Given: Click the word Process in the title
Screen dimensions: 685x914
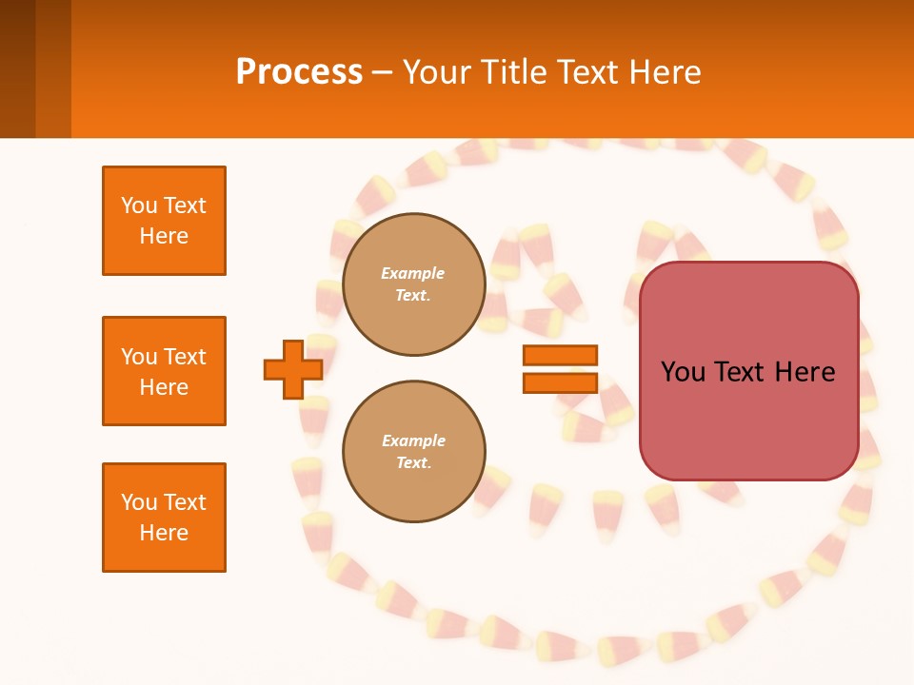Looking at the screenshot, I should [x=299, y=72].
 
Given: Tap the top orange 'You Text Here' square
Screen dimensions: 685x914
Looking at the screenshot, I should [x=164, y=221].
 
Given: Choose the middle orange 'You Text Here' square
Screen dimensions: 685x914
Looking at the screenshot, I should [x=164, y=371].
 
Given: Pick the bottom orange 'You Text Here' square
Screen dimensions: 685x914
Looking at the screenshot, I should [x=164, y=518].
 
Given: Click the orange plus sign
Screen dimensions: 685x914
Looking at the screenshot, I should [x=292, y=369].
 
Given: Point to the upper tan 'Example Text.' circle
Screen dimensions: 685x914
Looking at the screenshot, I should [x=413, y=284].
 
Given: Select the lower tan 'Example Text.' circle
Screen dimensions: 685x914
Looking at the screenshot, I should [x=413, y=451].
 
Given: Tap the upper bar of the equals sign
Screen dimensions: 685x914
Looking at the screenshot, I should [x=560, y=355].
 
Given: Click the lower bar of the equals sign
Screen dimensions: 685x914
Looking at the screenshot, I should [x=560, y=382].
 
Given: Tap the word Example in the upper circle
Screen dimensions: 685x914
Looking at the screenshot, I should [x=413, y=273].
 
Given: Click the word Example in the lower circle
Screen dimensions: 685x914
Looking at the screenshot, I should [x=413, y=440].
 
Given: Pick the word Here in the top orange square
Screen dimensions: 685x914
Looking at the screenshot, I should [x=164, y=236].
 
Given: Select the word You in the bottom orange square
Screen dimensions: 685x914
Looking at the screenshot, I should [x=138, y=502].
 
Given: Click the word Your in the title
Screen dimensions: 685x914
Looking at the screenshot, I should [x=437, y=72].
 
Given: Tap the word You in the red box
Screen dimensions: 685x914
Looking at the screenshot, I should [x=683, y=372].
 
